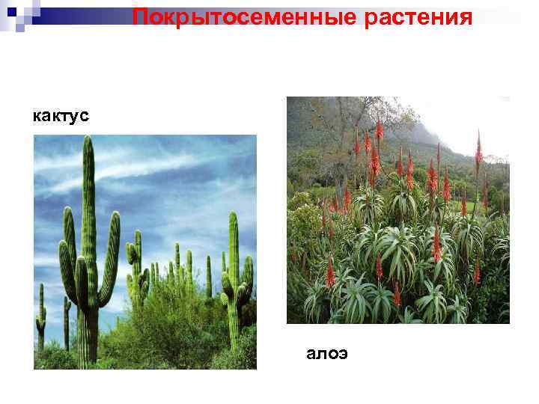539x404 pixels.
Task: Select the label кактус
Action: pos(61,116)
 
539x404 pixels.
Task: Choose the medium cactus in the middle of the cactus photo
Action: pos(136,269)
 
